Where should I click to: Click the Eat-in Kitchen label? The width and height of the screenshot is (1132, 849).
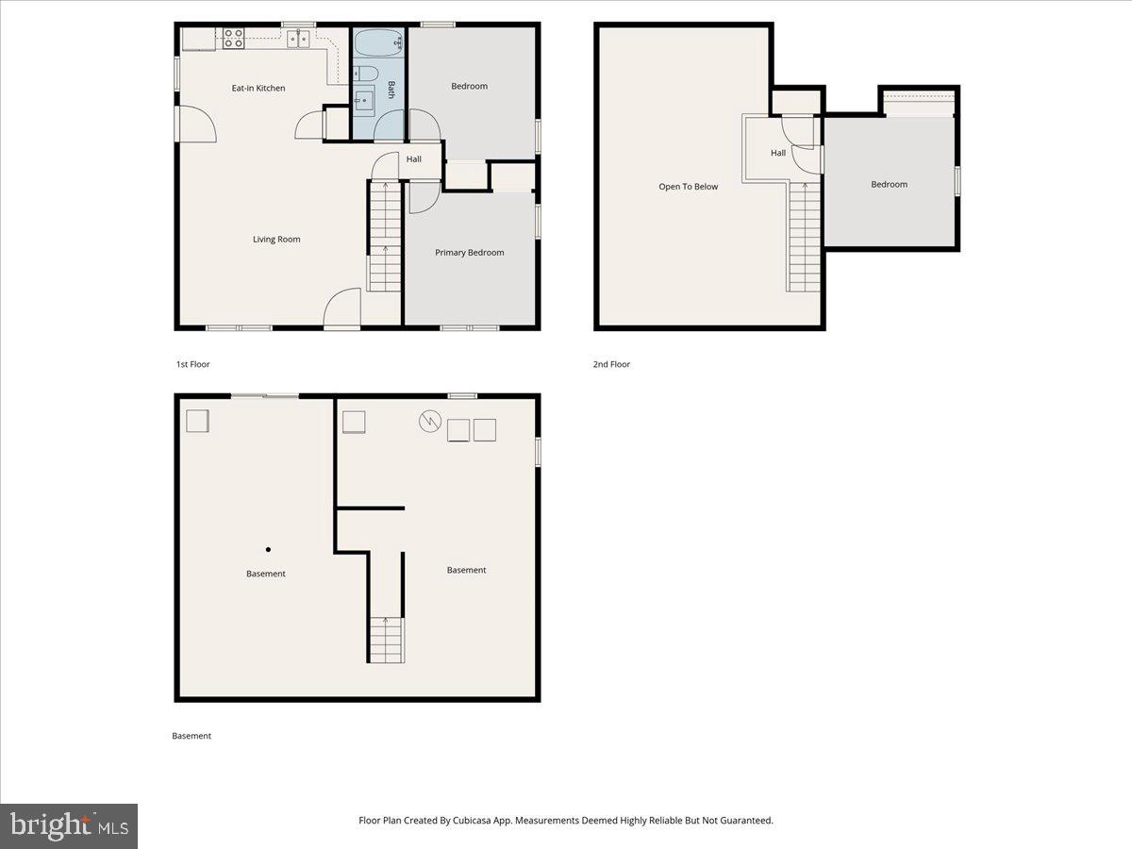pyautogui.click(x=258, y=88)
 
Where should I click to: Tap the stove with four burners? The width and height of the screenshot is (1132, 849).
pyautogui.click(x=233, y=39)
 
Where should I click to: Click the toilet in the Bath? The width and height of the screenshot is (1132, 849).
pyautogui.click(x=366, y=74)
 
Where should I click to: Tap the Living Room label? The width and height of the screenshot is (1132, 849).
pyautogui.click(x=276, y=240)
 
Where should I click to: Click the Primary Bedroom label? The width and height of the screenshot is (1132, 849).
pyautogui.click(x=469, y=253)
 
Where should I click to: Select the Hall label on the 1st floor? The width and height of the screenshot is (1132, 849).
pyautogui.click(x=413, y=159)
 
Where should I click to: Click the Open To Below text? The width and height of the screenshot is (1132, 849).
pyautogui.click(x=688, y=187)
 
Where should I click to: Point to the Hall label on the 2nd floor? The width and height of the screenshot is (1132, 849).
pyautogui.click(x=778, y=153)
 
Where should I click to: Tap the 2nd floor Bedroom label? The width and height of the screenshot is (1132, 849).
pyautogui.click(x=890, y=184)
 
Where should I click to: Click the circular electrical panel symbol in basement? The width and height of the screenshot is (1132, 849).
pyautogui.click(x=429, y=421)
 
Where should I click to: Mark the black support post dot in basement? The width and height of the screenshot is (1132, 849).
pyautogui.click(x=268, y=550)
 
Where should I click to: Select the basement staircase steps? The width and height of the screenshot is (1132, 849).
pyautogui.click(x=386, y=640)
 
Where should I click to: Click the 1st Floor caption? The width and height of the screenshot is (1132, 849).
pyautogui.click(x=192, y=364)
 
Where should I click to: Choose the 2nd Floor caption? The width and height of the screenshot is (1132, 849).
pyautogui.click(x=611, y=364)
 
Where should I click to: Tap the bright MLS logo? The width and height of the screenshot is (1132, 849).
pyautogui.click(x=69, y=825)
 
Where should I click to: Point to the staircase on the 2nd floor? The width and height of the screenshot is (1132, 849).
pyautogui.click(x=804, y=237)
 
